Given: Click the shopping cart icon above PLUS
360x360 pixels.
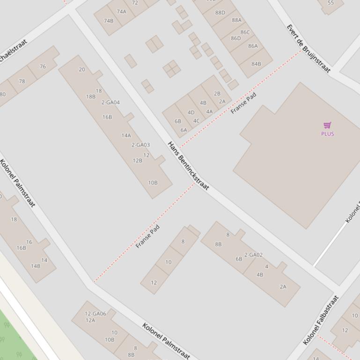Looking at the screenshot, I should click(x=327, y=125).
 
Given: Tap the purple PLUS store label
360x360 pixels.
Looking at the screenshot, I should click(x=327, y=134).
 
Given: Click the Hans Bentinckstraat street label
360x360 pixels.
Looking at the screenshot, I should click(x=188, y=166).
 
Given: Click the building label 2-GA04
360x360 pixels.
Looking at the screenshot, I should click(x=110, y=102).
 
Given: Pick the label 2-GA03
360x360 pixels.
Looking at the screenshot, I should click(x=140, y=145).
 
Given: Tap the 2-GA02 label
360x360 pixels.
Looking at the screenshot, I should click(x=253, y=255).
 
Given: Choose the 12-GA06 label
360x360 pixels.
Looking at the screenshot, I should click(x=96, y=314).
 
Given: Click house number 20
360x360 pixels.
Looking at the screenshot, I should click(x=82, y=70).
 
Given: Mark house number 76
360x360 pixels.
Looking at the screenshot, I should click(x=43, y=66).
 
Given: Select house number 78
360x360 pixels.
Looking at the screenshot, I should click(x=22, y=81).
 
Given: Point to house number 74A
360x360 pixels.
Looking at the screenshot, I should click(x=121, y=12).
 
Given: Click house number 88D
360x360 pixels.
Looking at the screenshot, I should click(x=220, y=13).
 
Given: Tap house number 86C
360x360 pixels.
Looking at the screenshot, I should click(x=245, y=32).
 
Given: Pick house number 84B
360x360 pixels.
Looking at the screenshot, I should click(x=256, y=64).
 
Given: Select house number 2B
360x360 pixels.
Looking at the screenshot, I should click(x=217, y=94).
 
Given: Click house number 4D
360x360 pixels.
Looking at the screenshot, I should click(x=191, y=112).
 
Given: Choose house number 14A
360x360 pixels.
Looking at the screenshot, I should click(x=126, y=136).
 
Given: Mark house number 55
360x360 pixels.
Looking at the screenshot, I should click(x=331, y=3).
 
